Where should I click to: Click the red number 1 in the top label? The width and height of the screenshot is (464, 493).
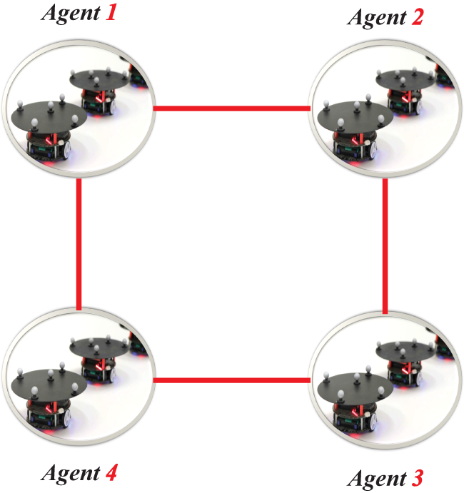[x=111, y=14]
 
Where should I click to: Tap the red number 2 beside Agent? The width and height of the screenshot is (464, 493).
[x=417, y=17]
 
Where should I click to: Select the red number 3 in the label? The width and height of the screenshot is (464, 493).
[x=417, y=478]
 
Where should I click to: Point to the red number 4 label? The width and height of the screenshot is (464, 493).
[x=111, y=472]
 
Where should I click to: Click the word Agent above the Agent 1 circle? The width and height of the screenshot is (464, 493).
[x=71, y=14]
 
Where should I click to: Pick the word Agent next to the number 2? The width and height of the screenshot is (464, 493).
[x=377, y=19]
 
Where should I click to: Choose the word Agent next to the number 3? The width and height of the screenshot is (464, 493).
[x=377, y=479]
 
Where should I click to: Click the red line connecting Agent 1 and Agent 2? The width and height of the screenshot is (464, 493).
[x=232, y=108]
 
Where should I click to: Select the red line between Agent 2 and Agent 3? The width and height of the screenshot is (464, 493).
[x=385, y=246]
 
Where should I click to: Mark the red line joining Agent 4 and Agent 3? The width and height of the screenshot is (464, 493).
[x=232, y=380]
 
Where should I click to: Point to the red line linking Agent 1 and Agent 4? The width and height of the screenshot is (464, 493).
[x=79, y=244]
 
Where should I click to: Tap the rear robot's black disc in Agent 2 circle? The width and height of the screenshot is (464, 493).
[x=405, y=79]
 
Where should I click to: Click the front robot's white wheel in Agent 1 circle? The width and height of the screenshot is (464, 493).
[x=66, y=151]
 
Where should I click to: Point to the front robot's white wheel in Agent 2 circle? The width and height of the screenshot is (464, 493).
[x=373, y=151]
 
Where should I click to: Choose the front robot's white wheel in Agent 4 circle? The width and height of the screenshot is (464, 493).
[x=66, y=419]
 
